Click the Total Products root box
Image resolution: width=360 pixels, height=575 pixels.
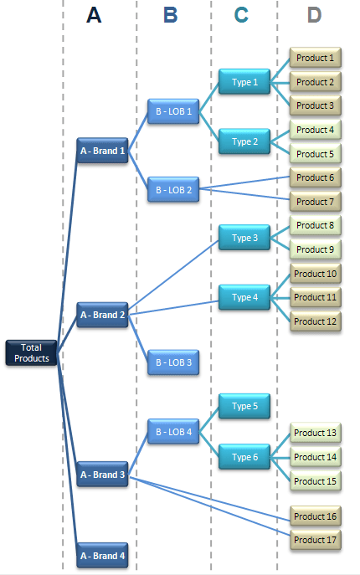31,353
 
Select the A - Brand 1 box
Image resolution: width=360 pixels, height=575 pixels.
102,151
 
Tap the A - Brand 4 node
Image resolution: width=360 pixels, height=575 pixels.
102,556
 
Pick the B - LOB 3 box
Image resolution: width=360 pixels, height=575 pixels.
172,362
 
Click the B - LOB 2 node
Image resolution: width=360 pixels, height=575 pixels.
172,190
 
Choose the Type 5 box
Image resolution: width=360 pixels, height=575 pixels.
244,406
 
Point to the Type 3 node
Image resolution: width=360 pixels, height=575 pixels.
244,238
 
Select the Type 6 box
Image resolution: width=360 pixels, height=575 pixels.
244,456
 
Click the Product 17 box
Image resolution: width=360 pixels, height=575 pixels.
315,540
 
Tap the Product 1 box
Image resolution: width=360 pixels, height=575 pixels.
315,59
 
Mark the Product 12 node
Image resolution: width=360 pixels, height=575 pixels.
315,321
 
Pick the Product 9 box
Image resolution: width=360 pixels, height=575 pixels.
315,249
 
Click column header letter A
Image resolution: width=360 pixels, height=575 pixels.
94,15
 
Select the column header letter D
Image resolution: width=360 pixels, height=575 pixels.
314,15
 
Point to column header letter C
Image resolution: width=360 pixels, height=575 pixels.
241,15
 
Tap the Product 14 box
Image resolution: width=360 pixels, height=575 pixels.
315,457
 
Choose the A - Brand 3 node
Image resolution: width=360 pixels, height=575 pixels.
102,475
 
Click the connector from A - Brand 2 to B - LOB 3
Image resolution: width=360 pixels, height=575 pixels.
138,338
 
